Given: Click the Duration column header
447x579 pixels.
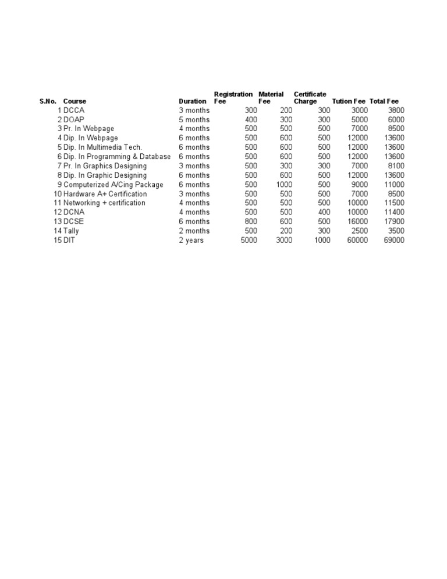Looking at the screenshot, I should [192, 101].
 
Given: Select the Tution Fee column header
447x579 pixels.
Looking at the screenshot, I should [349, 101].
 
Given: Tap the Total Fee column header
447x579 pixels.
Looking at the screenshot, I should [384, 101].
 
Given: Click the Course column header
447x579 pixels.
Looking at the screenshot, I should [74, 101].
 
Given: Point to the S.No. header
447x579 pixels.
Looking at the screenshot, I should [48, 101].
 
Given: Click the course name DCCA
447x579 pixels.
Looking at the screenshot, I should [74, 110].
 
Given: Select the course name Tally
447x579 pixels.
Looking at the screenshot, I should [71, 231].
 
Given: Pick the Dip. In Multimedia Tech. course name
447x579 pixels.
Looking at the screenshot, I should [102, 147].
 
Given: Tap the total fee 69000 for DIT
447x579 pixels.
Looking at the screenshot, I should [394, 241].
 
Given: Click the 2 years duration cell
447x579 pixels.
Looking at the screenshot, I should [191, 241].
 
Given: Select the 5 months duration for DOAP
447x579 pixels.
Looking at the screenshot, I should [194, 119].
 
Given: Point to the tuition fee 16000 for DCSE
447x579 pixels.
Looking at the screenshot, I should [357, 222].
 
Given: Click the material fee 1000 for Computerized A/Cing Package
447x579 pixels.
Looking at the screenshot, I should [283, 185].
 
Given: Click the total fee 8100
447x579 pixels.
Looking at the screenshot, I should [396, 166].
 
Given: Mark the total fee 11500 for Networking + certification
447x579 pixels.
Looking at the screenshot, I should [394, 203].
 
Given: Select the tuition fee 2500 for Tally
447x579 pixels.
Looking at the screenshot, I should [359, 231].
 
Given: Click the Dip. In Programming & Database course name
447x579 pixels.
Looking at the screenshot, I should [117, 157].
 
